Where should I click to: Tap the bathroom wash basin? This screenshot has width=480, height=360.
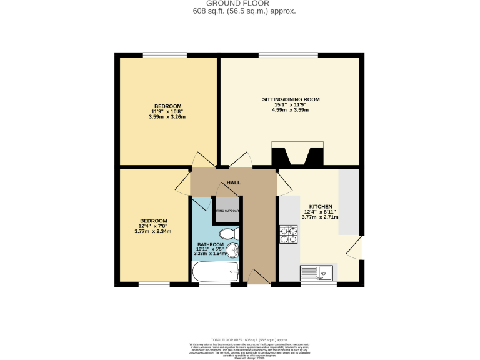point(232,251)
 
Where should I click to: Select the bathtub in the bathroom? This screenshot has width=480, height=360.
point(216,272)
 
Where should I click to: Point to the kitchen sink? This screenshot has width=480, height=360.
point(318,272)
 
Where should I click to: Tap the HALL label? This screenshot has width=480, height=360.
point(233,182)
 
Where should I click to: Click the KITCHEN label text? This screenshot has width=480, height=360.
point(320,207)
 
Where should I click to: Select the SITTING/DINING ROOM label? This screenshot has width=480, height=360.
point(291,99)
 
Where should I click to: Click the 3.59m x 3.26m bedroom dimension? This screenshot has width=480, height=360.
point(167,116)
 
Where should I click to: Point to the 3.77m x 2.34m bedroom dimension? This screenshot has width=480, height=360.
point(153,231)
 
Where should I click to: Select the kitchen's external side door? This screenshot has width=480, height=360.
point(355,248)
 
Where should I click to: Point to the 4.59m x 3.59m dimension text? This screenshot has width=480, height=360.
point(291,111)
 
